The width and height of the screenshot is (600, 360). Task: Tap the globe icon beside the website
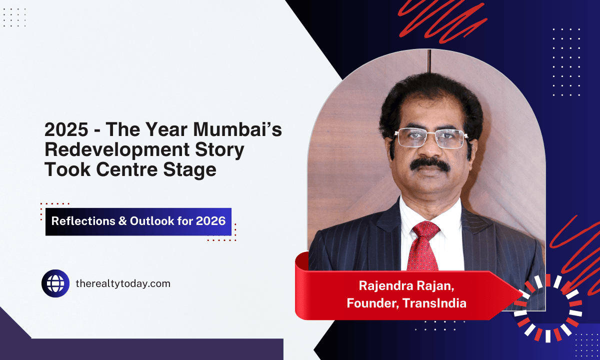(x=55, y=283)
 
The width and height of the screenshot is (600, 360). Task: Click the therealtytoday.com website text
(x=122, y=283)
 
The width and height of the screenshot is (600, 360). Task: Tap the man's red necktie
(x=423, y=245)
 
